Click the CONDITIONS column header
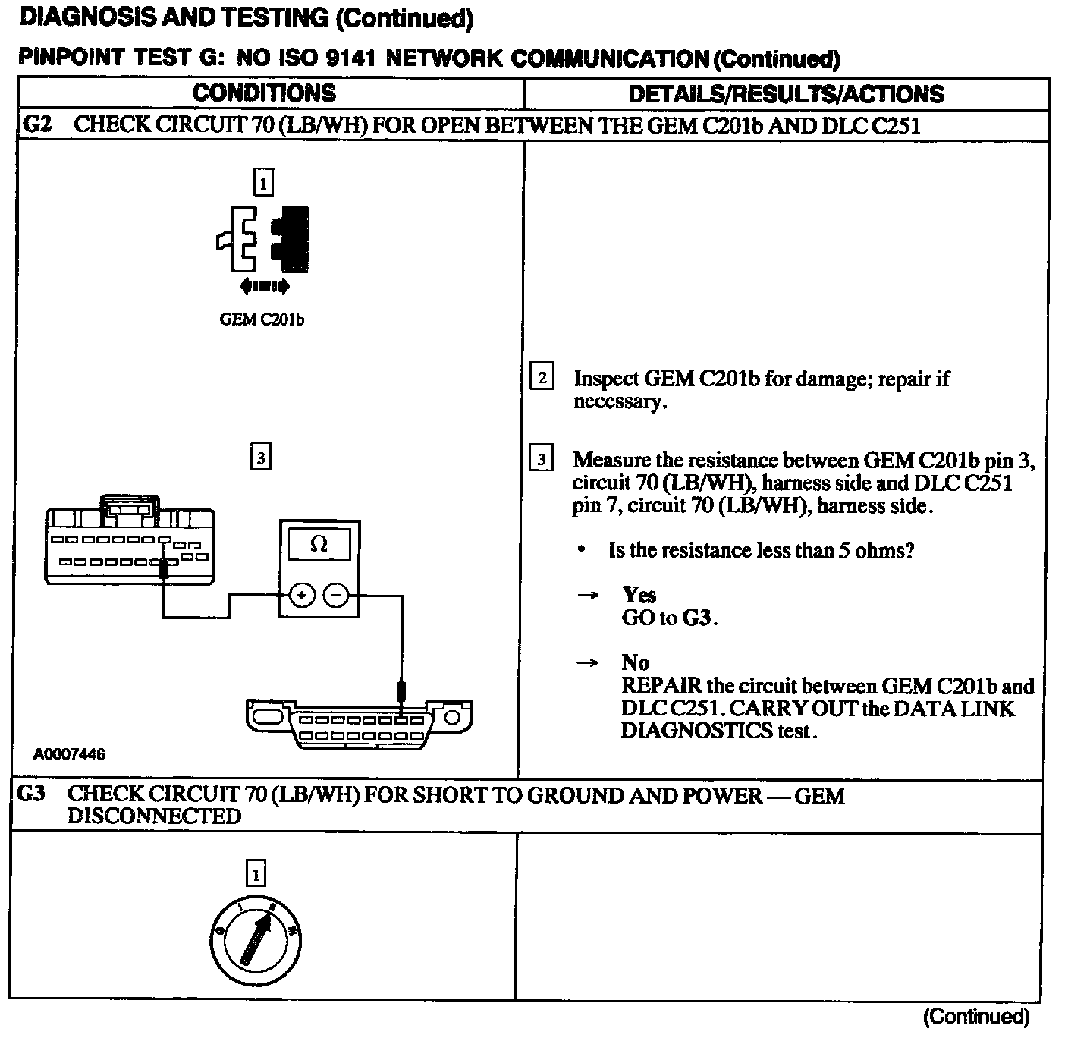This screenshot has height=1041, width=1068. click(263, 93)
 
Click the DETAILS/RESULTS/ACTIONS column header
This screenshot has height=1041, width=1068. click(786, 94)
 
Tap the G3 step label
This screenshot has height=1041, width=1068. click(31, 794)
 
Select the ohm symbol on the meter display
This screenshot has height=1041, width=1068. click(319, 544)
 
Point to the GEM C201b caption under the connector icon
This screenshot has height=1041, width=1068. click(262, 319)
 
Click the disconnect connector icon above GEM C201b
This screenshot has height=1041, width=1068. click(262, 239)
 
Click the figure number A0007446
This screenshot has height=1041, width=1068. click(68, 754)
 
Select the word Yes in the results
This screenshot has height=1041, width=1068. click(639, 595)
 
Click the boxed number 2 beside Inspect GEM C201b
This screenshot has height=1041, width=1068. click(542, 377)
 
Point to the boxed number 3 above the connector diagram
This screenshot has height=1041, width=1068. click(260, 458)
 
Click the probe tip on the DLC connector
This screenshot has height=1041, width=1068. click(401, 693)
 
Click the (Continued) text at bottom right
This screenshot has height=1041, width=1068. click(975, 1016)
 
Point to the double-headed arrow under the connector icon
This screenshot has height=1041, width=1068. click(263, 286)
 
